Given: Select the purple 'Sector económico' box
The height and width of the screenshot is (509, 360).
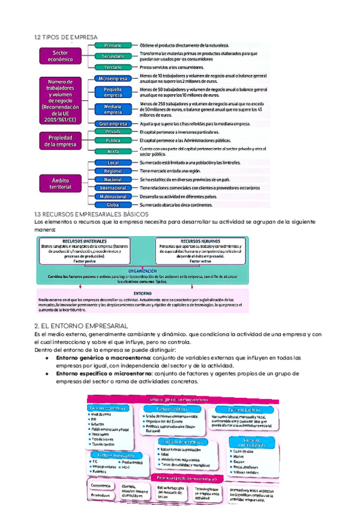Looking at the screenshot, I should pos(60,56).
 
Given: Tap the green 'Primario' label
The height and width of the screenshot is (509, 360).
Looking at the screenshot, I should pos(112,46).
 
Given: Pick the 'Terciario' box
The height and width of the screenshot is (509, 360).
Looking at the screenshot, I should pos(112,67).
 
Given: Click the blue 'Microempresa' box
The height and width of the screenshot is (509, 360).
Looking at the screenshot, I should pos(112,79).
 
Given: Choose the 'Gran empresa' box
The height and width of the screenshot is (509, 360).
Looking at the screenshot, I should pos(112,124).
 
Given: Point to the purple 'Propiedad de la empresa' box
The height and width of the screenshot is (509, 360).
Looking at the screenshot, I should pos(60,140).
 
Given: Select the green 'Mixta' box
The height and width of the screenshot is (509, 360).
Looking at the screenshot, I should pos(112,152).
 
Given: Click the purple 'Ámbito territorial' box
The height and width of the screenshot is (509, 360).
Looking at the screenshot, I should pos(60,183).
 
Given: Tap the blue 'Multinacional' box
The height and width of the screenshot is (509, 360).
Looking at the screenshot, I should pos(112,196).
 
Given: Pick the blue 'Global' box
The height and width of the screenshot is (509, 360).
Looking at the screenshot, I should pos(112,205).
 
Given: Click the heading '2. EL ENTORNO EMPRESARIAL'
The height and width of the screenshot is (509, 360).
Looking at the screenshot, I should pos(81,325).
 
